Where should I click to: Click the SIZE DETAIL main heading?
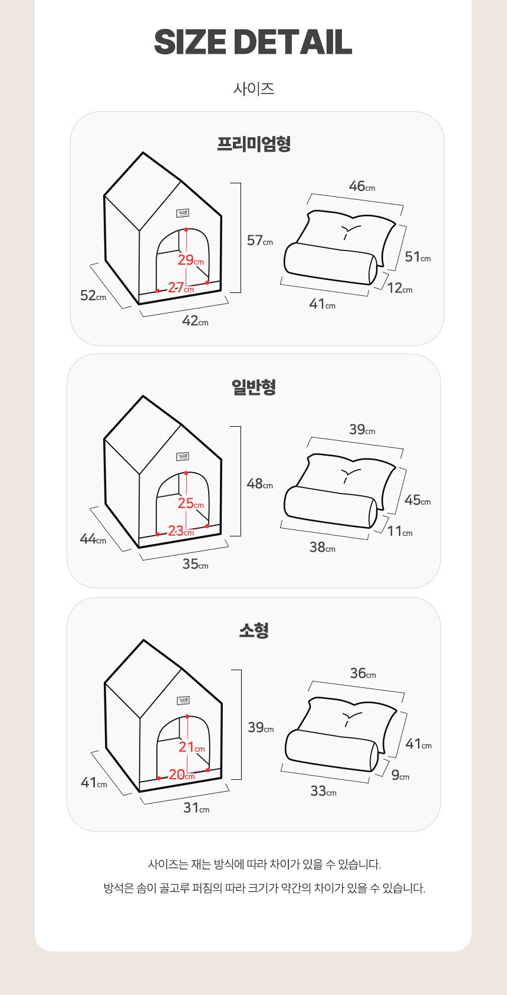(253, 42)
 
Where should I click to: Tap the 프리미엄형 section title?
(253, 144)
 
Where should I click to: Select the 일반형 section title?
(253, 387)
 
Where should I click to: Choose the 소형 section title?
(253, 630)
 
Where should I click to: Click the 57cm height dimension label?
(260, 240)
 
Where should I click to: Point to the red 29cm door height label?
(190, 260)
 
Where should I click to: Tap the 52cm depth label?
(93, 295)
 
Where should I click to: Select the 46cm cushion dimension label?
(362, 186)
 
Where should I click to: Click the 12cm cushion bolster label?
(400, 288)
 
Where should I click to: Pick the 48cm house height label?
(260, 483)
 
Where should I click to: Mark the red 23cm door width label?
(181, 531)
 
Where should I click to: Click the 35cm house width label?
(196, 564)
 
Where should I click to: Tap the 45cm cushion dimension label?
(418, 500)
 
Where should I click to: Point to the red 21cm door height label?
(192, 747)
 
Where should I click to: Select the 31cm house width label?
(196, 807)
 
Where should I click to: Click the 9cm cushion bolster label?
(400, 775)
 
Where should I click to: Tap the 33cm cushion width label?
(324, 790)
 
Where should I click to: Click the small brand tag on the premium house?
(183, 213)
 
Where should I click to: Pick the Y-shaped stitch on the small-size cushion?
(351, 718)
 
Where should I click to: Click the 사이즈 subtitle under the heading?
(253, 89)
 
